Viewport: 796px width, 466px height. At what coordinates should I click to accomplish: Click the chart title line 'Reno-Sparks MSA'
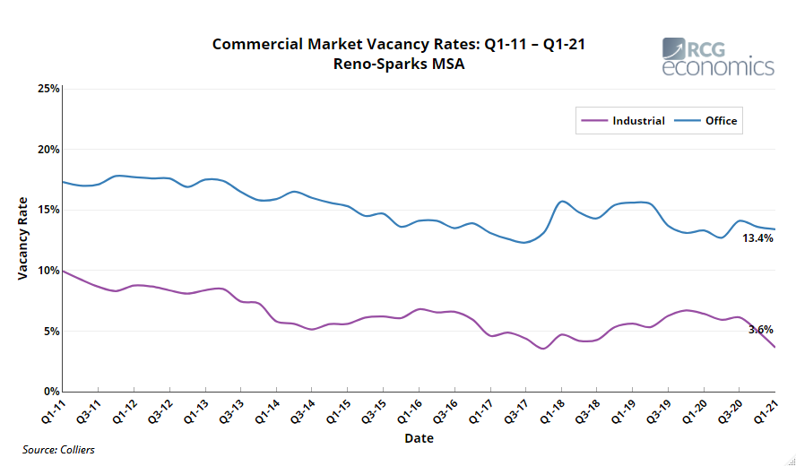click(398, 64)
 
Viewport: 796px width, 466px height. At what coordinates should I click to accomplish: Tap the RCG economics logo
click(718, 57)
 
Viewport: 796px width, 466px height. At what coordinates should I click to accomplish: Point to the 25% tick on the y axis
click(48, 89)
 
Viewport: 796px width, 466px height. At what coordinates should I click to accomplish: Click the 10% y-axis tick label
click(48, 271)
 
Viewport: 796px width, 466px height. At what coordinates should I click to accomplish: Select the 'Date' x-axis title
click(419, 439)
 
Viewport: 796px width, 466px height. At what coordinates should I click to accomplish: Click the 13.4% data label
click(757, 238)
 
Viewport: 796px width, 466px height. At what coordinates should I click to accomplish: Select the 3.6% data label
click(760, 329)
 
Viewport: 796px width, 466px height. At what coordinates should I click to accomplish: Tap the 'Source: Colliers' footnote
click(58, 450)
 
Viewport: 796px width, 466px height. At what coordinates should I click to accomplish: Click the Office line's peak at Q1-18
click(562, 202)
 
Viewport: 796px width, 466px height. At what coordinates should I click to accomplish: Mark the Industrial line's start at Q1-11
click(63, 271)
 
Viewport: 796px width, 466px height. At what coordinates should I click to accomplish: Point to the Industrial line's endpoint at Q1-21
click(774, 348)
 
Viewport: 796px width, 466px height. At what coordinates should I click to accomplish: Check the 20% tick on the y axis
click(48, 150)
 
